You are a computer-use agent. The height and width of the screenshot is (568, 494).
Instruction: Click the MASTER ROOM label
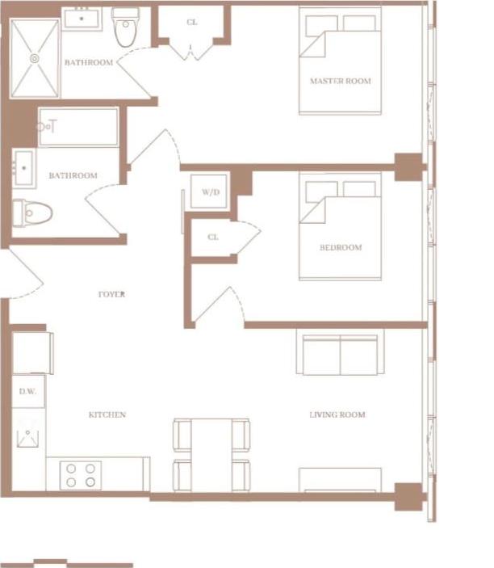pyautogui.click(x=340, y=82)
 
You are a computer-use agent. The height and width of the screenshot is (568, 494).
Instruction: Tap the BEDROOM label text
pyautogui.click(x=340, y=247)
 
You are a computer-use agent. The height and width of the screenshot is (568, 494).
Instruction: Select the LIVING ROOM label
pyautogui.click(x=337, y=415)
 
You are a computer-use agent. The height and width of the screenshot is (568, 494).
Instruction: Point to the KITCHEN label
pyautogui.click(x=107, y=415)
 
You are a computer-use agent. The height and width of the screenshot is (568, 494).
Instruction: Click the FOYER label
pyautogui.click(x=111, y=295)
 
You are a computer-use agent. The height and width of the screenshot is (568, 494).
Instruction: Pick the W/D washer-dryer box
pyautogui.click(x=210, y=192)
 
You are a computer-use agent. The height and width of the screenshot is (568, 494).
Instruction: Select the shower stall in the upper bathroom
pyautogui.click(x=35, y=58)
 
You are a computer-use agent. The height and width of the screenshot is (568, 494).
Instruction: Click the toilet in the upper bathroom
pyautogui.click(x=126, y=29)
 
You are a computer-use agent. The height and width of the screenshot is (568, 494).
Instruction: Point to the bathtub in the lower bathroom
pyautogui.click(x=77, y=127)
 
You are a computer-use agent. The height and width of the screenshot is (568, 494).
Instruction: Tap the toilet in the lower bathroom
pyautogui.click(x=34, y=213)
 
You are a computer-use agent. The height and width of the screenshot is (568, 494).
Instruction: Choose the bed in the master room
pyautogui.click(x=340, y=61)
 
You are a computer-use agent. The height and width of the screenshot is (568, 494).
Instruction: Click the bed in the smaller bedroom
pyautogui.click(x=340, y=226)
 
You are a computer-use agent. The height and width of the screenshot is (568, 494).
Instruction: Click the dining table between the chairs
pyautogui.click(x=211, y=454)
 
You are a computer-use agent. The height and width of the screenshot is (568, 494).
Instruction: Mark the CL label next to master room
pyautogui.click(x=191, y=23)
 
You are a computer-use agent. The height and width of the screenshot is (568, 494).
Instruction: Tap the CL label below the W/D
pyautogui.click(x=213, y=238)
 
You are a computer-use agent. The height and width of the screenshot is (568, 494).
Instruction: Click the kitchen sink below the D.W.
pyautogui.click(x=27, y=438)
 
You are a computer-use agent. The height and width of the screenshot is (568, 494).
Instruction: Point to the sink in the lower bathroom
pyautogui.click(x=23, y=168)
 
